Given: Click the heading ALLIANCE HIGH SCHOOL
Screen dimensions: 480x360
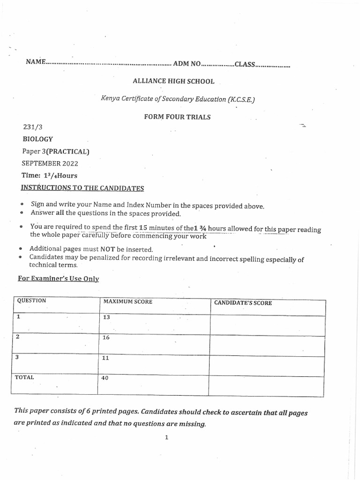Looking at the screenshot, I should [173, 81].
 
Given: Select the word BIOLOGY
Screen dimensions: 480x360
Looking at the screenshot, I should [38, 139].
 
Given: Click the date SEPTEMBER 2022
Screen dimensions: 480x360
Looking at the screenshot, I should [50, 164].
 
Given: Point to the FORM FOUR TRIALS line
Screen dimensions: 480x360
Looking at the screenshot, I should [177, 117].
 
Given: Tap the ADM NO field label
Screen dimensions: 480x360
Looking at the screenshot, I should [187, 63].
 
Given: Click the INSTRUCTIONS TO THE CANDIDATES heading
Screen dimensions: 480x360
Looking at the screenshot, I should [82, 188].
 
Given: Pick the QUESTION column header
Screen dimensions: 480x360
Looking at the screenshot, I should [31, 300].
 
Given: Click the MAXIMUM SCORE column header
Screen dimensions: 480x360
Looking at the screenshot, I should [127, 301].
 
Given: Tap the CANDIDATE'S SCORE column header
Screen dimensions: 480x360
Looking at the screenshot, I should [243, 303].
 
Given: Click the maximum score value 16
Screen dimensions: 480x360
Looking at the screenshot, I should [106, 337].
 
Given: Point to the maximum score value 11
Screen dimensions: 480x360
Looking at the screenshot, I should [105, 358].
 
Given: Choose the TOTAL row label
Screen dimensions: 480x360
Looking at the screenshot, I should [24, 377].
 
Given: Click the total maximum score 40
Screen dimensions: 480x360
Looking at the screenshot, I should [105, 378].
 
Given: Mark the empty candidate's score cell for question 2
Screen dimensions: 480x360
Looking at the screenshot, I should [266, 345].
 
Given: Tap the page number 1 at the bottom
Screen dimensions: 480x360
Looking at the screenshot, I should [166, 437].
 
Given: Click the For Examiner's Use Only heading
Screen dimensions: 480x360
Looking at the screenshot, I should [59, 278].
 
